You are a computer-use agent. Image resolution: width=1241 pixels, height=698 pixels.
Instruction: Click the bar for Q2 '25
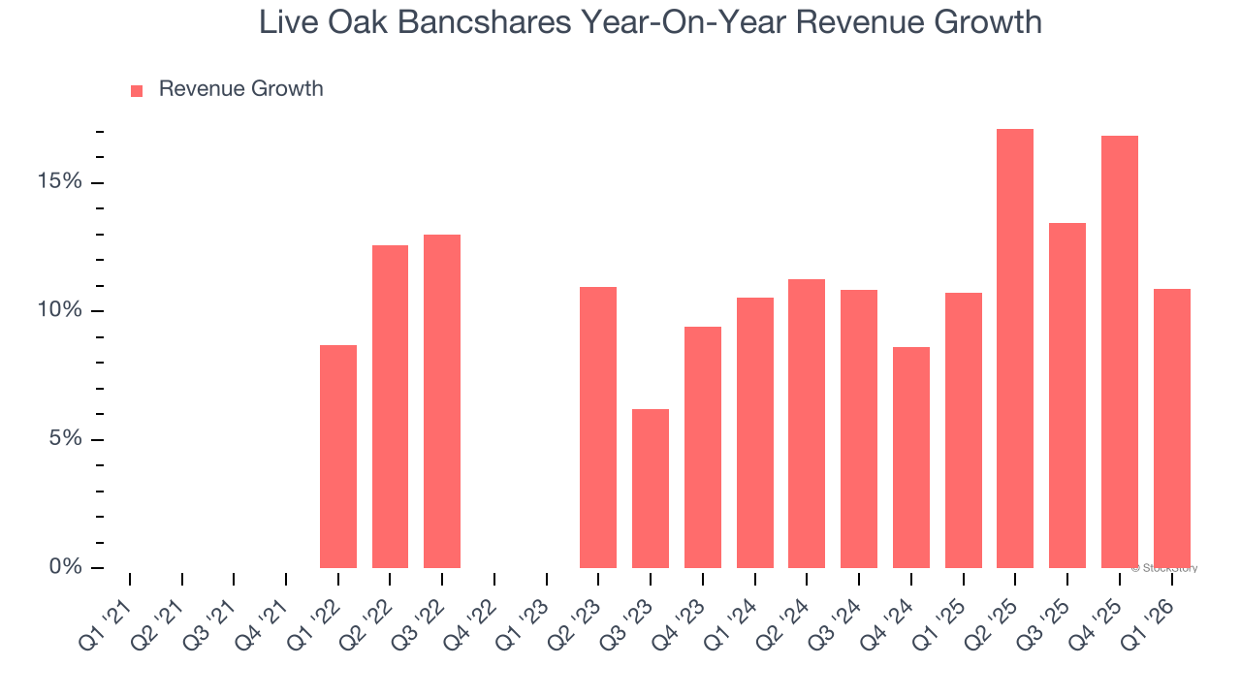point(1015,349)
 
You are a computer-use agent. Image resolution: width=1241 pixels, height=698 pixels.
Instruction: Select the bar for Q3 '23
point(651,489)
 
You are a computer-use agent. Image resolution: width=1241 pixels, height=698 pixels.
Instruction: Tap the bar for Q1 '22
point(338,457)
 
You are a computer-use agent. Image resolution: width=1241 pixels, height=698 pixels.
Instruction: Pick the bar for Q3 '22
point(442,401)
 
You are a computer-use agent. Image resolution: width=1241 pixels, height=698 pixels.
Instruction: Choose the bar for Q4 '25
point(1120,352)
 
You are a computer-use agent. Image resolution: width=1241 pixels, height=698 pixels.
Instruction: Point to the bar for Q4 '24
point(911,458)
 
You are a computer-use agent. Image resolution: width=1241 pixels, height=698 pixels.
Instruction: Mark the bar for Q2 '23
point(598,428)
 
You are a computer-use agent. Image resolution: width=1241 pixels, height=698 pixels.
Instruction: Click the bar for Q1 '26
point(1172,428)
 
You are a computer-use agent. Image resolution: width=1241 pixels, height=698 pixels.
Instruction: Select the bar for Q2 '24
point(807,424)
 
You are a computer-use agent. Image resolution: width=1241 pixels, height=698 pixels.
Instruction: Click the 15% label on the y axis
point(60,182)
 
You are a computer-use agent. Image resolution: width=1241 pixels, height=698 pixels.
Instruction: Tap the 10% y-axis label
point(60,310)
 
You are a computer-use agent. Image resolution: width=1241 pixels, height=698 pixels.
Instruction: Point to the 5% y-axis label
point(65,439)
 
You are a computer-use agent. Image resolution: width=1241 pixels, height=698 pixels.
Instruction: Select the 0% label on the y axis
point(65,567)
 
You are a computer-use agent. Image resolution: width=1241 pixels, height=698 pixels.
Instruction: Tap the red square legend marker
point(137,90)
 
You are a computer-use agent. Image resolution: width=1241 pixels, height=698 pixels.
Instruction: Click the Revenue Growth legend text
point(240,89)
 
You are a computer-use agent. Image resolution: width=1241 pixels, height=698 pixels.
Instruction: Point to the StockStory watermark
point(1164,568)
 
